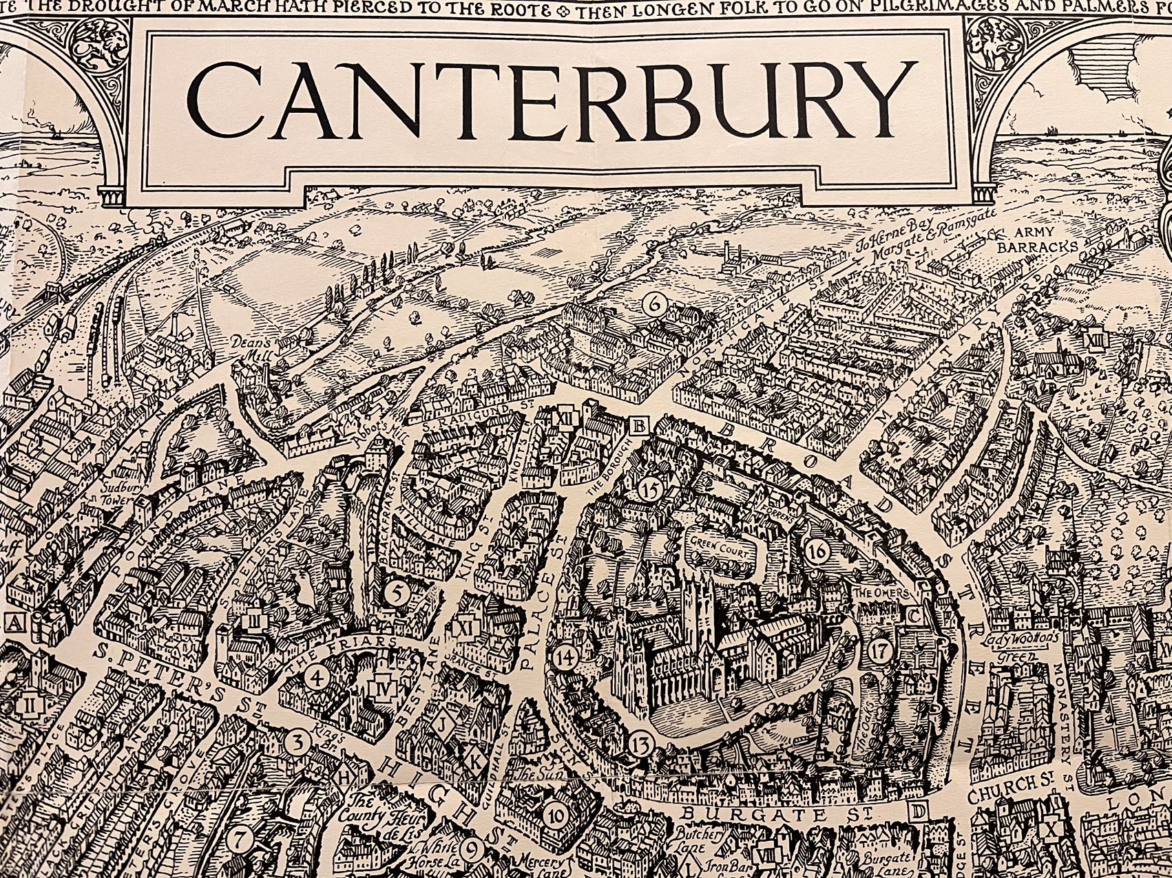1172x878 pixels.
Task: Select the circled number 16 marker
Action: coord(818,550)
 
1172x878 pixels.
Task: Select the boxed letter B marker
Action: coord(638,427)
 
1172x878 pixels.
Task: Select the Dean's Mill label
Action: coord(262,343)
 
